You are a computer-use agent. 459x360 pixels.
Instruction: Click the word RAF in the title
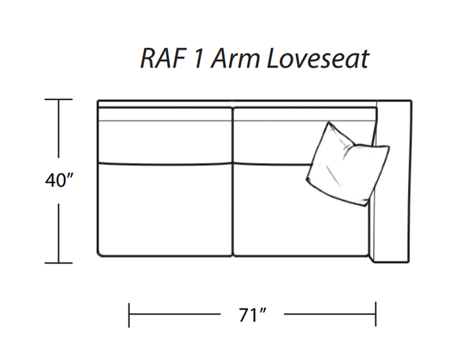[163, 59]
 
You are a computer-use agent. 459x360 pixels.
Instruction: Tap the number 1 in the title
[198, 59]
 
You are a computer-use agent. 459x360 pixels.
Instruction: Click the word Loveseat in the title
[317, 59]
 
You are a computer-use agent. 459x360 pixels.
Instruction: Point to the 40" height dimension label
[59, 180]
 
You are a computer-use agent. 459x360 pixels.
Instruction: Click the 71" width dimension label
[252, 315]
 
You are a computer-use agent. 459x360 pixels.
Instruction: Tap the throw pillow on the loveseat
[348, 165]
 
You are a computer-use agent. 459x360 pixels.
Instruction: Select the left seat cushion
[165, 209]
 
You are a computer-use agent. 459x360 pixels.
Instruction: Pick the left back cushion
[165, 134]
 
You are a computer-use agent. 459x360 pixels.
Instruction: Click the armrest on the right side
[392, 182]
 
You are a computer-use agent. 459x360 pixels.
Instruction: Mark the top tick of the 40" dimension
[59, 99]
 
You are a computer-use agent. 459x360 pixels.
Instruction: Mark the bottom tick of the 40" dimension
[59, 263]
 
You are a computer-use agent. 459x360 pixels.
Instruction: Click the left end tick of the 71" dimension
[129, 315]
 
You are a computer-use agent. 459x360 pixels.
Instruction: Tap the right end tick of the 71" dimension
[376, 314]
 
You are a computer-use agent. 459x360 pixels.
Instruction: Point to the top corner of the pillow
[329, 122]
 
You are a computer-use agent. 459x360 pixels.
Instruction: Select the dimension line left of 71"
[175, 314]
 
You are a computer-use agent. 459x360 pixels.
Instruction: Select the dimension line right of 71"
[330, 314]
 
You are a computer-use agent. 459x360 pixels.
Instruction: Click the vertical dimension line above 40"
[59, 129]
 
